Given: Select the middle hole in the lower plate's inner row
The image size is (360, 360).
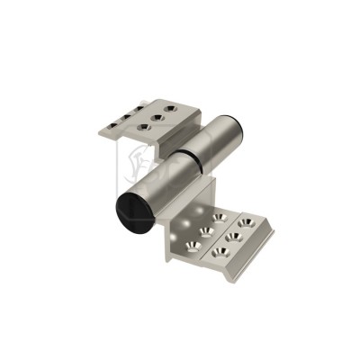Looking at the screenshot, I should coord(207,229).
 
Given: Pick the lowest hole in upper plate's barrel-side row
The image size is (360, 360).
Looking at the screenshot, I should coord(145,127).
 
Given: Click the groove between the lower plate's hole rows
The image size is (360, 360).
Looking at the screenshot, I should coord(220,236).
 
